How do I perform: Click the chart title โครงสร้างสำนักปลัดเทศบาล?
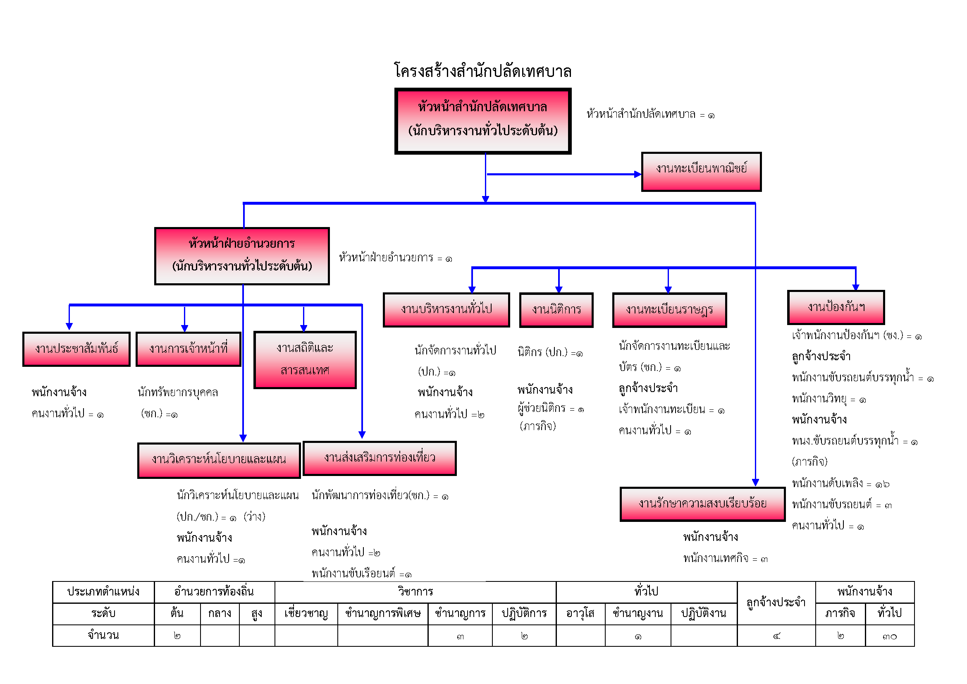point(482,71)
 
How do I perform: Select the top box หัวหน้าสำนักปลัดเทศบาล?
point(482,121)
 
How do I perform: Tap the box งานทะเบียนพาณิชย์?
point(701,172)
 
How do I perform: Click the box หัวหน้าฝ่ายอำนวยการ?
point(242,256)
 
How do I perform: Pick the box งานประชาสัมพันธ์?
point(76,349)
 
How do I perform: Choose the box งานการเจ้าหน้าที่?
point(188,349)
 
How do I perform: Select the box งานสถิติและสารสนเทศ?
point(305,360)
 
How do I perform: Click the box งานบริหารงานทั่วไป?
point(446,310)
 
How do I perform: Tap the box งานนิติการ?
point(556,310)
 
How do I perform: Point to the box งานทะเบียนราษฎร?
point(669,310)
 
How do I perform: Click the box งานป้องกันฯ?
point(836,307)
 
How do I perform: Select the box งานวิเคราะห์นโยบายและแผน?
point(219,460)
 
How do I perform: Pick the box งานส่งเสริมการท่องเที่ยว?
point(380,458)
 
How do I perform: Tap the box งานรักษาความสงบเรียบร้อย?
point(702,504)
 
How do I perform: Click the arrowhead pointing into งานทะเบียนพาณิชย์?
point(638,174)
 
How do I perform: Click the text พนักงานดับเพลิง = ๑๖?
point(840,484)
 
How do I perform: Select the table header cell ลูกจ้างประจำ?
point(776,603)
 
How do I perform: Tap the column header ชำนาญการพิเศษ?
point(382,614)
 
